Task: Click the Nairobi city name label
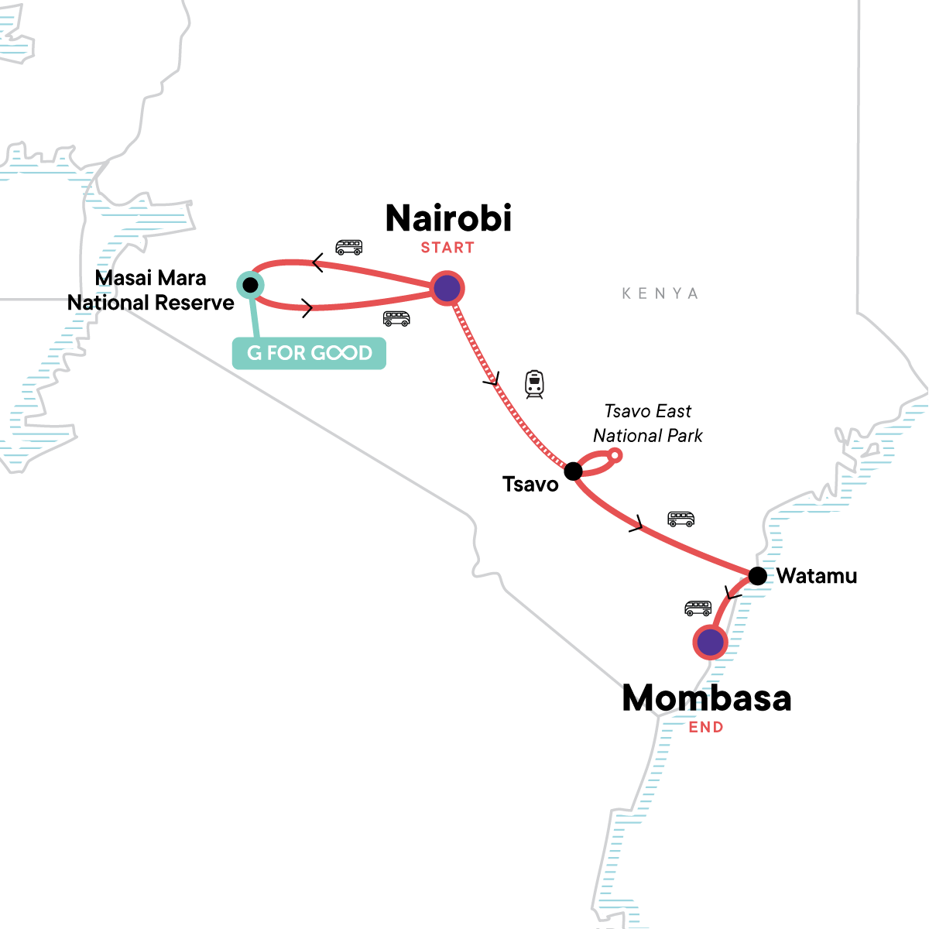[449, 218]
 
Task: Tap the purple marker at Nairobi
[447, 289]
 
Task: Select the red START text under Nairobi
[447, 248]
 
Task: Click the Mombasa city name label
[707, 698]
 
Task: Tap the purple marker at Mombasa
[710, 642]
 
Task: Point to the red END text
[706, 727]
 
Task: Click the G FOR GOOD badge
[310, 353]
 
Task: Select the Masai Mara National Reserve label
[151, 290]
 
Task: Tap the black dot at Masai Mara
[250, 285]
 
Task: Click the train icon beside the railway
[534, 384]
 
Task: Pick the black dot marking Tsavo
[573, 471]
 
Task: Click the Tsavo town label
[530, 485]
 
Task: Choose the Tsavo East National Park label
[648, 423]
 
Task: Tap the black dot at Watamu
[758, 576]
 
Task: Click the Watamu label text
[817, 576]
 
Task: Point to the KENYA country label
[660, 293]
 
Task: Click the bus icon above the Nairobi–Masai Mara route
[348, 248]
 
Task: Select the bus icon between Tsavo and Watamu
[681, 519]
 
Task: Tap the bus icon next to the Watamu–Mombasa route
[698, 608]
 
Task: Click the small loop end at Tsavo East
[615, 455]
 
